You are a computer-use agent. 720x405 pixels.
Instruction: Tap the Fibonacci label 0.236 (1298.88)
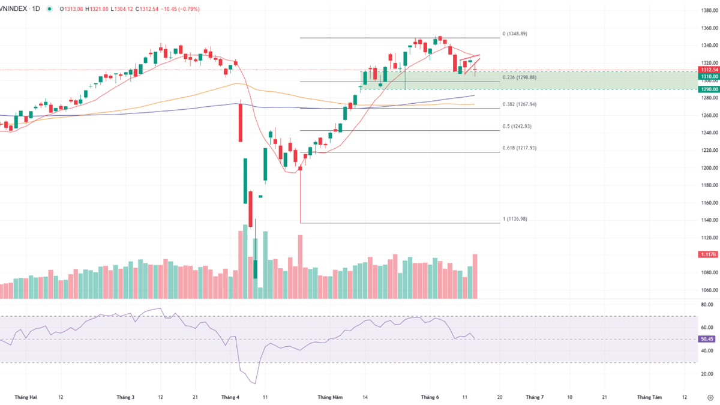click(x=520, y=77)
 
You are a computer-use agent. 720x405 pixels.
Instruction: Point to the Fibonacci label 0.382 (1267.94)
click(x=520, y=104)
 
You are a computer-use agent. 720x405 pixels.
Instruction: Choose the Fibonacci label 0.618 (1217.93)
click(x=520, y=148)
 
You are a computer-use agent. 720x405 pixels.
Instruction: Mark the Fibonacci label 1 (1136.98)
click(x=517, y=218)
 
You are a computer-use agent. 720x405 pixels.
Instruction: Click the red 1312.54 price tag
click(x=708, y=70)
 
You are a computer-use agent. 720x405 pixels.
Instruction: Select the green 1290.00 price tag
click(x=708, y=89)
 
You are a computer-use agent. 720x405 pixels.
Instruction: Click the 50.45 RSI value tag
click(x=707, y=339)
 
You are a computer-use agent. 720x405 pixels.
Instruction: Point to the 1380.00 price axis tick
click(x=710, y=10)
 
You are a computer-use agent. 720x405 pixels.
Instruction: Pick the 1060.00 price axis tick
click(x=710, y=290)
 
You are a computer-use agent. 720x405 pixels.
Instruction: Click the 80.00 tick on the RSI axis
click(x=707, y=305)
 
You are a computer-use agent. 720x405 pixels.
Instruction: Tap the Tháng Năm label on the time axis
click(x=330, y=397)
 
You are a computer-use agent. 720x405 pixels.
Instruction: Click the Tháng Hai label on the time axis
click(x=25, y=397)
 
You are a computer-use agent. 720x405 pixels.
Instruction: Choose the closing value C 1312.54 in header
click(x=149, y=9)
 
